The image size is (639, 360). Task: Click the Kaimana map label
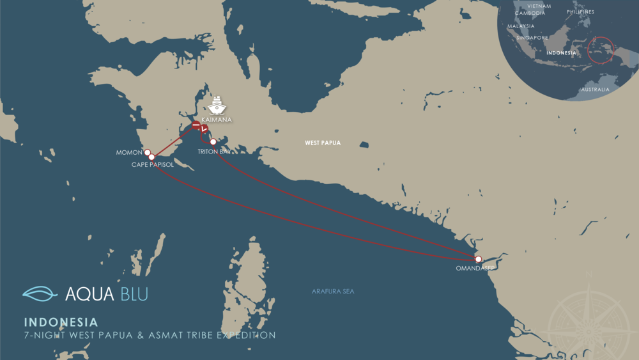[216, 120]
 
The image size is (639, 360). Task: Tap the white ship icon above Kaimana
[217, 105]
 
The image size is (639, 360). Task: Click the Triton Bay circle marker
[213, 142]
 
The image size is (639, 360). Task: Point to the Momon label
[129, 153]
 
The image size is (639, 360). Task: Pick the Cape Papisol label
[153, 164]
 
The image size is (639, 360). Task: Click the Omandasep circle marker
[478, 259]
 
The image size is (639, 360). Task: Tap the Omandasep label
[475, 269]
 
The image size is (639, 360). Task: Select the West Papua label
[323, 143]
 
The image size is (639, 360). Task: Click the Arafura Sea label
[333, 292]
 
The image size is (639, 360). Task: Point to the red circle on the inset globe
[601, 51]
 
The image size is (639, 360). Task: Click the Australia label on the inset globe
[595, 90]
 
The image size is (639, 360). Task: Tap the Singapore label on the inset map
[532, 38]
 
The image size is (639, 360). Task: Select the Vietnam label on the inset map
[539, 6]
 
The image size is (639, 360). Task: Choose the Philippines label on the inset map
[580, 12]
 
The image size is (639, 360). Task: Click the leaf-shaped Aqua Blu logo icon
[40, 293]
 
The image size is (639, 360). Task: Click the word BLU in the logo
[134, 294]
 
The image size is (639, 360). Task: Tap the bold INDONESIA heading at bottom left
[61, 322]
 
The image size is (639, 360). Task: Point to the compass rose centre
[587, 318]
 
